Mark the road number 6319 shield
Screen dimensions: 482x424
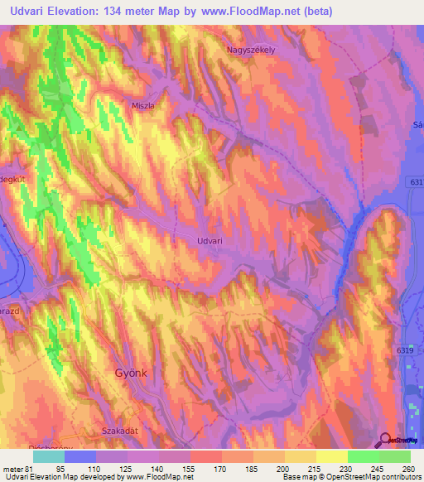click(404, 351)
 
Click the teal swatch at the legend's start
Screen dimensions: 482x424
click(49, 456)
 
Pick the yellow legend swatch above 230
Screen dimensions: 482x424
click(331, 456)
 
